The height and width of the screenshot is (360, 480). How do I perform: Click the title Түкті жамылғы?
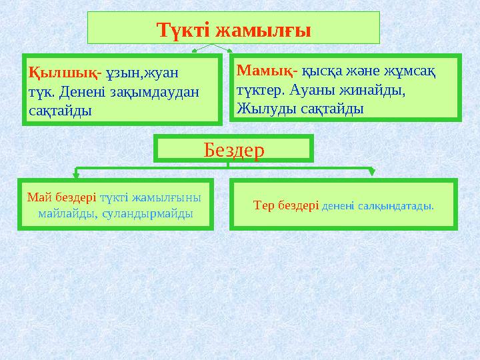[x=233, y=29]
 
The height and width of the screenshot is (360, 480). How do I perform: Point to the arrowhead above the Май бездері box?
[x=76, y=176]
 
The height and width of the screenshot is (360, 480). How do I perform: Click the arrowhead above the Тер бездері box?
[x=372, y=175]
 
